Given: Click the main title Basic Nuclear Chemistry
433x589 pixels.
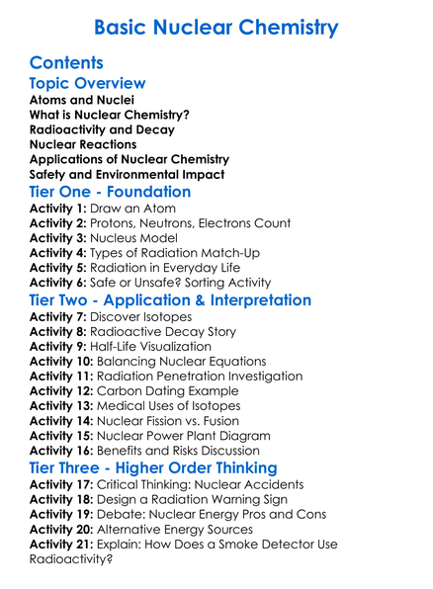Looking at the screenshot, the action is click(x=216, y=27).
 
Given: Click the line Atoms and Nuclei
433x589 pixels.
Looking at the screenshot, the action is click(x=82, y=101).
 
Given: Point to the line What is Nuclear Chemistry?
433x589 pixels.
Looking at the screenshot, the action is click(x=110, y=116).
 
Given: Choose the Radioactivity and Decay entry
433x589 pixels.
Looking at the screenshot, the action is click(x=102, y=130).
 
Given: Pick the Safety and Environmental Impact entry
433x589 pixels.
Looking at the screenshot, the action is click(x=127, y=175).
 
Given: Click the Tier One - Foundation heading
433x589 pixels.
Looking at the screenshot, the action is click(x=110, y=192).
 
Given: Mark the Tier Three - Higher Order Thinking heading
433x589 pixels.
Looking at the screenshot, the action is click(x=152, y=467).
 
